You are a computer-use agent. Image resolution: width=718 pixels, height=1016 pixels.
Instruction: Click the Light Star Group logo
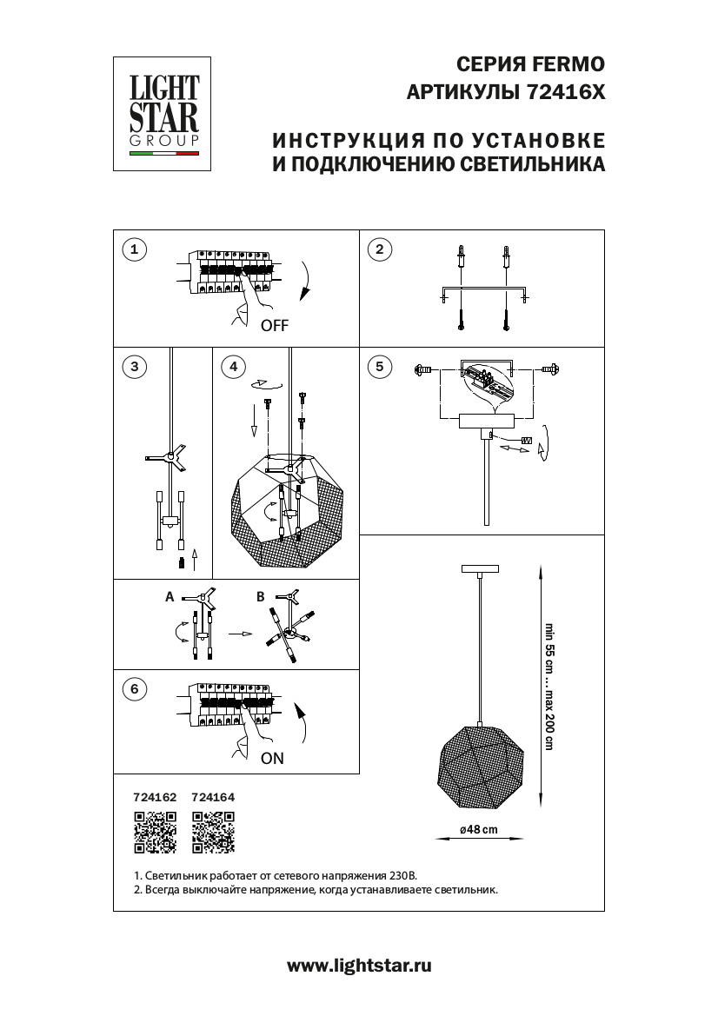(164, 113)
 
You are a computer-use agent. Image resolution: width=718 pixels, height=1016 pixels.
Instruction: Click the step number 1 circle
(133, 250)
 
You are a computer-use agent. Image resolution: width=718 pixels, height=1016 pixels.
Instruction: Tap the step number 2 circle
(378, 250)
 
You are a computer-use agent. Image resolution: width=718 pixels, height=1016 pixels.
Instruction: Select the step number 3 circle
(133, 367)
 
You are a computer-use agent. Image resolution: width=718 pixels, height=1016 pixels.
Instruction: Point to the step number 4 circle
(232, 367)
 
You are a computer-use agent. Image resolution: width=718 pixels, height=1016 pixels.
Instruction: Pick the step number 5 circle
(378, 367)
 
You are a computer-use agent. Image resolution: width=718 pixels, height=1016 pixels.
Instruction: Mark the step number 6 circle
(133, 690)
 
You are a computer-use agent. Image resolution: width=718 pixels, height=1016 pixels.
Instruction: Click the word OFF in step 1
(274, 327)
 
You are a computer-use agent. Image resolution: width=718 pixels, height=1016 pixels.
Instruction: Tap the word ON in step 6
(272, 758)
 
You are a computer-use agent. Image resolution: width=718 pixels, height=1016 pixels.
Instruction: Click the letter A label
(170, 598)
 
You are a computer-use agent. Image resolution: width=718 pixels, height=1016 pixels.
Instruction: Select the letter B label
(260, 598)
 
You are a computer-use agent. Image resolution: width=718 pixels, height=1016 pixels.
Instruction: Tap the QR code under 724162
(154, 832)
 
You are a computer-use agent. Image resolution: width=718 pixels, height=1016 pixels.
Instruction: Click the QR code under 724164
(213, 832)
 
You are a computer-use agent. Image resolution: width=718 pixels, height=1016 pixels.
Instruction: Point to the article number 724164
(213, 796)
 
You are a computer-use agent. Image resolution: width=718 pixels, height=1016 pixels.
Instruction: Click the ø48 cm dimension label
(479, 829)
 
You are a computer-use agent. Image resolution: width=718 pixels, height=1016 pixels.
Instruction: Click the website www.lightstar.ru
(359, 966)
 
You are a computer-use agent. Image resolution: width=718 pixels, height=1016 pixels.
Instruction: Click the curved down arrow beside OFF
(305, 282)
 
